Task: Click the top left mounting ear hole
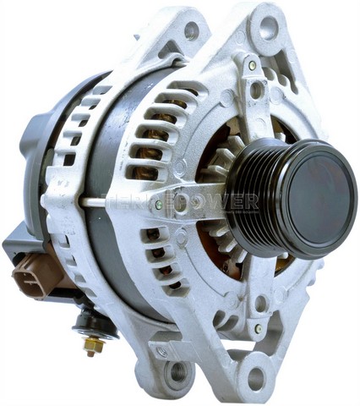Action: click(192, 30)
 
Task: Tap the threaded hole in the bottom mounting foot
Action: click(178, 371)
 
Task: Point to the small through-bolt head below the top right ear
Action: click(252, 65)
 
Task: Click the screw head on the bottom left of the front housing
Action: click(161, 350)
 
